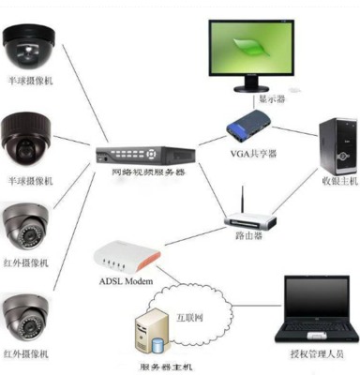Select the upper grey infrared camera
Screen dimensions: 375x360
28,226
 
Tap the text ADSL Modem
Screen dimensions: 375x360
125,279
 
